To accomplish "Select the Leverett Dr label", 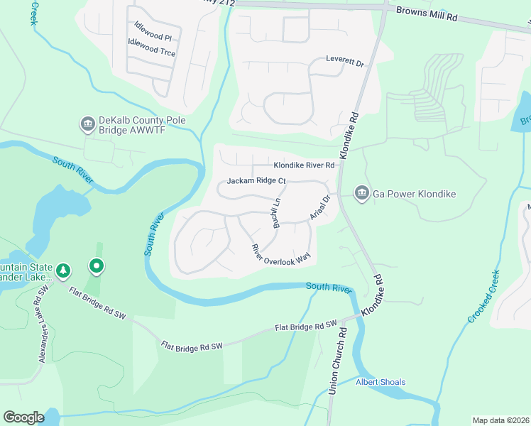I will [x=345, y=60].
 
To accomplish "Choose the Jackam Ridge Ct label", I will [x=256, y=181].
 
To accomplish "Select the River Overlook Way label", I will [x=281, y=255].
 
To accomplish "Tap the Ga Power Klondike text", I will [x=414, y=194].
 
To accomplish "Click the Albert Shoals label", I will [x=381, y=382].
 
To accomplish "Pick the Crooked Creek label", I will [x=484, y=297].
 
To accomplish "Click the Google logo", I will [x=23, y=417].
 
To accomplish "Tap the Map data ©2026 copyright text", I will [x=500, y=420].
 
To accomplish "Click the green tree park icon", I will [x=64, y=270].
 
